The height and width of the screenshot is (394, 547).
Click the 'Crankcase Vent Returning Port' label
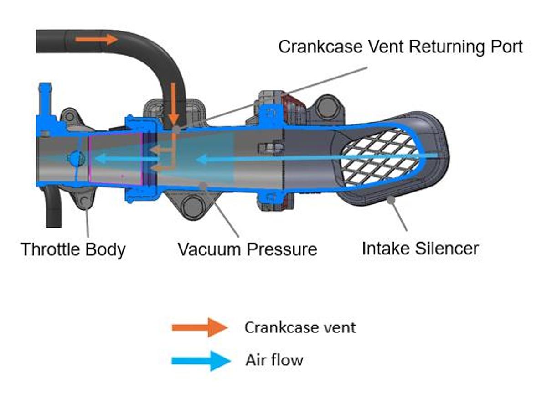point(401,47)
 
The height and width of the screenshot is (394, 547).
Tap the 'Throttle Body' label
point(73,249)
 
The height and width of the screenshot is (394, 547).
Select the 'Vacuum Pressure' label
point(248,249)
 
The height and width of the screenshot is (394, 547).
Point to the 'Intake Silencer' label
point(420,249)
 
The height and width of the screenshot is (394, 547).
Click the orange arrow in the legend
point(200,327)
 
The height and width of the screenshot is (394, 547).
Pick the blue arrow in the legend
point(201,361)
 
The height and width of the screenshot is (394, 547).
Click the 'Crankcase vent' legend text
point(300,327)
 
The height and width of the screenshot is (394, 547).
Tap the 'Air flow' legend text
point(274,360)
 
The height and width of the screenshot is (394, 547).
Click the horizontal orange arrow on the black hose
point(97,39)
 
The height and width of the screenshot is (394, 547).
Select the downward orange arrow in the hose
point(173,104)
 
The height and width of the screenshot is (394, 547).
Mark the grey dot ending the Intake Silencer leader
point(391,200)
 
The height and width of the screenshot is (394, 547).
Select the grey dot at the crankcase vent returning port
point(176,130)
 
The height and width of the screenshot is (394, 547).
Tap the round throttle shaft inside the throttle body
point(76,158)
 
